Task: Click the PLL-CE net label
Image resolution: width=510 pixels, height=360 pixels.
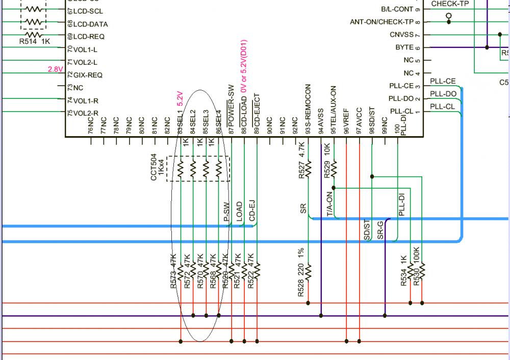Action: coord(443,81)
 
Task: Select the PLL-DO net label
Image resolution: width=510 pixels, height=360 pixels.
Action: coord(443,94)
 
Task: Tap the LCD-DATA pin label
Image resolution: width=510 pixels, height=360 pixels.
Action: coord(90,24)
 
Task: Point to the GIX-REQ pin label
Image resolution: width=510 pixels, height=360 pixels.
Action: coord(88,75)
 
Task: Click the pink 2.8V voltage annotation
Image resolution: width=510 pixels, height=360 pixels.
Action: coord(55,69)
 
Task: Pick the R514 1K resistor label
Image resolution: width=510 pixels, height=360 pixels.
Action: coord(35,42)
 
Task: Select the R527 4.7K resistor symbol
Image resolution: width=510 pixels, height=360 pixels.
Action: coord(308,167)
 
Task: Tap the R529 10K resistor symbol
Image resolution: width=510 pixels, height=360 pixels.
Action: coord(334,167)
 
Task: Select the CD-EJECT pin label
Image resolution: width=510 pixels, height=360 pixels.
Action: coord(257,110)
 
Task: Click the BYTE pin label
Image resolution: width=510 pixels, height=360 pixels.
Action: coord(404,47)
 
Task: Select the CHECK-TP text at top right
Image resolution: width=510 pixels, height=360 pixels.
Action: coord(450,4)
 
